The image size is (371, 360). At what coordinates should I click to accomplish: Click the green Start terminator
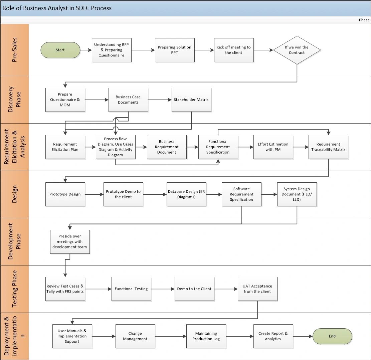[x=60, y=50]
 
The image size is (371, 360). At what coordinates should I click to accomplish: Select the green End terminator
[x=332, y=336]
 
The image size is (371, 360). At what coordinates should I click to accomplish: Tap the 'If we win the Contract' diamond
[x=297, y=50]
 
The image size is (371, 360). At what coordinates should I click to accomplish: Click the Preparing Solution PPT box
[x=175, y=50]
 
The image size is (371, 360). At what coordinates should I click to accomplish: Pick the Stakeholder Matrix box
[x=192, y=100]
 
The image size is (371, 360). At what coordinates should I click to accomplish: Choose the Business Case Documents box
[x=128, y=100]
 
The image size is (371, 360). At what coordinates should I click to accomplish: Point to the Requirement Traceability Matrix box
[x=328, y=147]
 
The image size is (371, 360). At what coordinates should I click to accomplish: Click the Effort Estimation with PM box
[x=273, y=147]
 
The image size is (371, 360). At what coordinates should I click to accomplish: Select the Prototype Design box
[x=65, y=194]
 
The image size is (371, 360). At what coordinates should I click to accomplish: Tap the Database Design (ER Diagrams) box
[x=187, y=194]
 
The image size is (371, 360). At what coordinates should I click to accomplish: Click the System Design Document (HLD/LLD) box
[x=297, y=194]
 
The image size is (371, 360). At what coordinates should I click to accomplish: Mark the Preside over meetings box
[x=70, y=241]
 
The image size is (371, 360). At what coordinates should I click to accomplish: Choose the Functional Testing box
[x=131, y=289]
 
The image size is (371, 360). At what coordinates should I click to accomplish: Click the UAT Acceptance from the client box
[x=257, y=289]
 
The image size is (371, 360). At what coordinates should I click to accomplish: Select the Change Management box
[x=135, y=336]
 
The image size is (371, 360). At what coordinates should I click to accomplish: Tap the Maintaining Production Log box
[x=206, y=336]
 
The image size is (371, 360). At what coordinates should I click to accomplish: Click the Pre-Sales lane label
[x=15, y=50]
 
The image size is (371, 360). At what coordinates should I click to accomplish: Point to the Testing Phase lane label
[x=15, y=289]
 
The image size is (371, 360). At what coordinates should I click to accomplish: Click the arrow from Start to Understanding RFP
[x=86, y=50]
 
